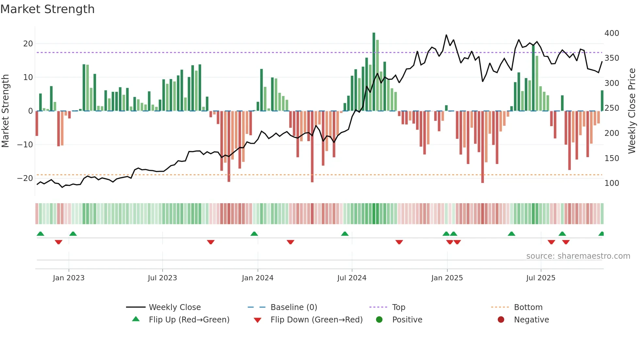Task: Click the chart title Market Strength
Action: tap(47, 9)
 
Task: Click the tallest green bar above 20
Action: tap(374, 72)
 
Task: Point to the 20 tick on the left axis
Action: tap(28, 44)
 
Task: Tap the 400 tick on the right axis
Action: tap(612, 33)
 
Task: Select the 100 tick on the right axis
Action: tap(612, 183)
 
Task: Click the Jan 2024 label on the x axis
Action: tap(258, 278)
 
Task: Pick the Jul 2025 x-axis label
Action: tap(541, 278)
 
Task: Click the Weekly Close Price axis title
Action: tap(632, 111)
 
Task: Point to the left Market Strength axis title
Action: tap(5, 111)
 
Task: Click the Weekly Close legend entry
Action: tap(175, 307)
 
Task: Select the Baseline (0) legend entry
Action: tap(294, 307)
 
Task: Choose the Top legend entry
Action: tap(399, 307)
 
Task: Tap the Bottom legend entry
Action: tap(528, 307)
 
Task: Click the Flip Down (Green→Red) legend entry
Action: tap(316, 320)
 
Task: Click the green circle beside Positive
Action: tap(379, 320)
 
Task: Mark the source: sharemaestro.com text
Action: tap(578, 256)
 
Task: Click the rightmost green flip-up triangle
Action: tap(601, 234)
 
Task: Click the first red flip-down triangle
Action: tap(58, 242)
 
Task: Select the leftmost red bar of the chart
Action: tap(37, 123)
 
